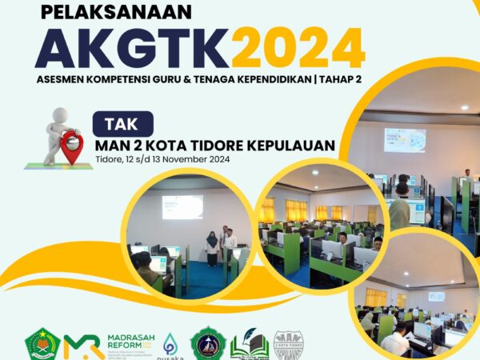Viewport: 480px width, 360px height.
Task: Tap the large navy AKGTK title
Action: [x=132, y=49]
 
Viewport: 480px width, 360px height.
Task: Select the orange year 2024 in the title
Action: [x=298, y=49]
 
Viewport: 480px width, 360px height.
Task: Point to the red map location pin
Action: [x=71, y=147]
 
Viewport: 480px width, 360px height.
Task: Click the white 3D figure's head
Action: [x=58, y=116]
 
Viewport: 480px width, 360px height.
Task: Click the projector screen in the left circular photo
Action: [x=182, y=207]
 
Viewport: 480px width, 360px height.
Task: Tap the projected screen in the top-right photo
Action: [x=404, y=139]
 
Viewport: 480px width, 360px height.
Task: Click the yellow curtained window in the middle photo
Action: [x=296, y=210]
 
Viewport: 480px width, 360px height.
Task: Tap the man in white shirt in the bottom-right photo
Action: [x=396, y=340]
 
